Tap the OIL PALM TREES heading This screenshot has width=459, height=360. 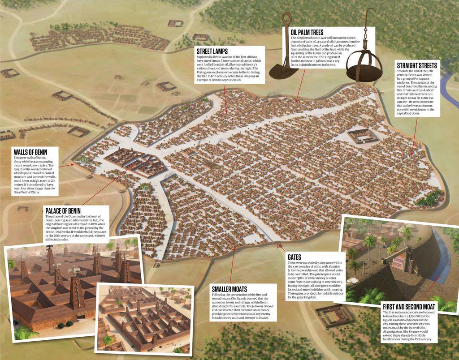click(x=307, y=33)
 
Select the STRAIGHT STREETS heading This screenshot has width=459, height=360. click(x=417, y=65)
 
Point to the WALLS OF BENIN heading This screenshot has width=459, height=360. click(x=30, y=152)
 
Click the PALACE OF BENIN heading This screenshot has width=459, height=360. click(x=63, y=211)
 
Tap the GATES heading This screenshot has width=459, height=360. click(x=294, y=257)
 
